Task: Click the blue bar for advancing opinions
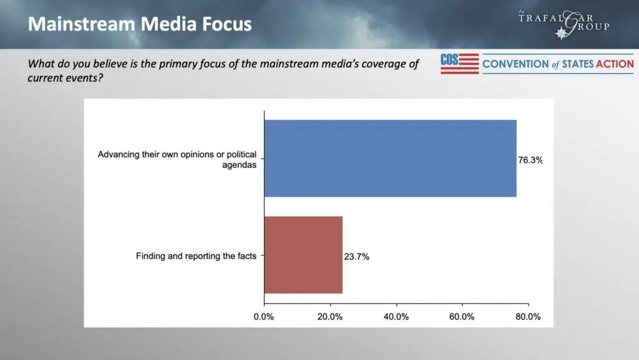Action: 390,158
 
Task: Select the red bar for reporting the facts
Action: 303,255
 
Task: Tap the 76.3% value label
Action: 530,160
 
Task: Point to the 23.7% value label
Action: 356,256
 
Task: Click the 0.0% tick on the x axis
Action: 265,316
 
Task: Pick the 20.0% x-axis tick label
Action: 330,316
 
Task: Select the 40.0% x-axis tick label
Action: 396,316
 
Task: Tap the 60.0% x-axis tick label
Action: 462,316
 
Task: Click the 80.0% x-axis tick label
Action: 527,316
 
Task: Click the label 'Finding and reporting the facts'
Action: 196,256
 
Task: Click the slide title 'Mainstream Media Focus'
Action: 140,24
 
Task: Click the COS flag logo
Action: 459,64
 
